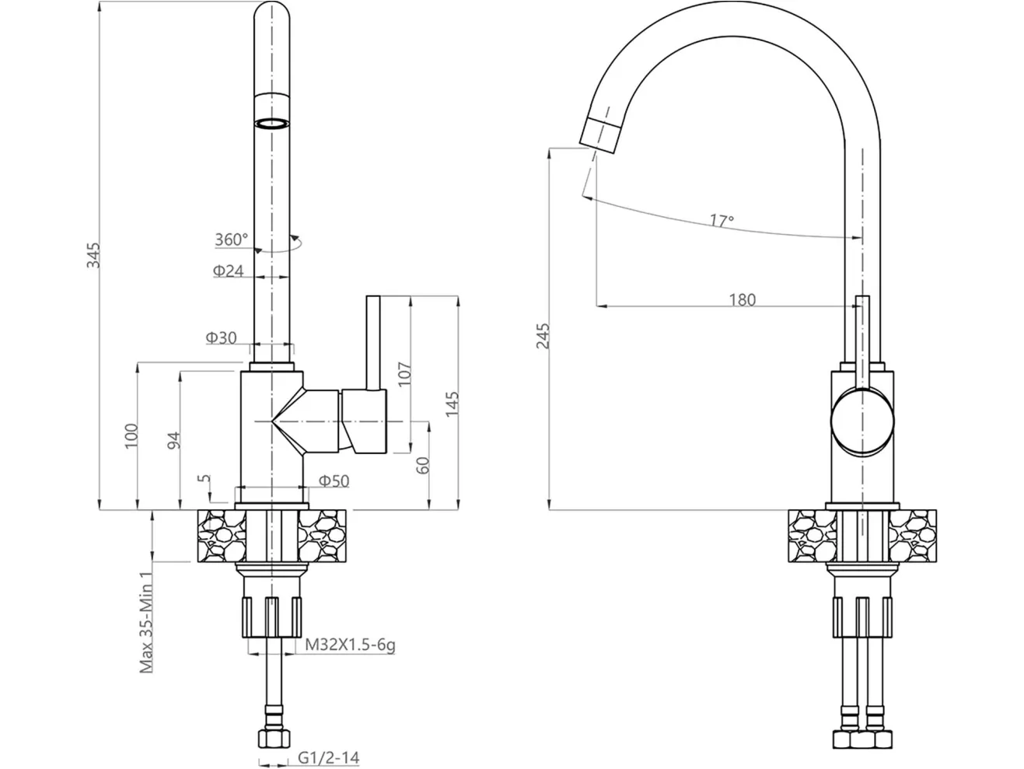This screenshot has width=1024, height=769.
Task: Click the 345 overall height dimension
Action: click(x=94, y=254)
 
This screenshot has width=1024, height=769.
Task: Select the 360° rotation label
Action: click(x=232, y=239)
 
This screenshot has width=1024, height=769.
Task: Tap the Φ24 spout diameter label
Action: click(x=228, y=271)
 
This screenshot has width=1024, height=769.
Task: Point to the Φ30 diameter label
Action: click(x=221, y=337)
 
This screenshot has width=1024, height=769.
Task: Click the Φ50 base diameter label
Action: click(x=334, y=481)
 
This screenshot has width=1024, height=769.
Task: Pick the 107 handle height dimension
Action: click(x=404, y=373)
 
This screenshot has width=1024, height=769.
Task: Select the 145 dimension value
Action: click(x=452, y=404)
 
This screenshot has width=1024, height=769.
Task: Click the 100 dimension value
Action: click(x=131, y=436)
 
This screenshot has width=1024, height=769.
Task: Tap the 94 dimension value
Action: click(x=173, y=440)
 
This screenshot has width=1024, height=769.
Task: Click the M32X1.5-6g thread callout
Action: click(x=350, y=645)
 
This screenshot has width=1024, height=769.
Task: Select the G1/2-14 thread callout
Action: click(x=329, y=758)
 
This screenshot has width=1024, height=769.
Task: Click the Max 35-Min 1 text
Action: click(x=146, y=623)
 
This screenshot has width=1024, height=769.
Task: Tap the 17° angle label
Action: click(x=722, y=220)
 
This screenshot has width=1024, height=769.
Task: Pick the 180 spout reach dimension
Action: click(x=743, y=300)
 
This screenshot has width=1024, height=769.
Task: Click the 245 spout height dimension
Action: click(x=543, y=336)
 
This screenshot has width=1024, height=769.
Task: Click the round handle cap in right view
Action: click(x=862, y=421)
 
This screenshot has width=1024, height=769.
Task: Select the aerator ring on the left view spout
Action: click(x=272, y=124)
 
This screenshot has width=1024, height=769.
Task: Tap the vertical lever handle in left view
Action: click(x=373, y=342)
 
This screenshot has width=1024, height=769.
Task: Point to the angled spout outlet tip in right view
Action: click(x=600, y=135)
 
